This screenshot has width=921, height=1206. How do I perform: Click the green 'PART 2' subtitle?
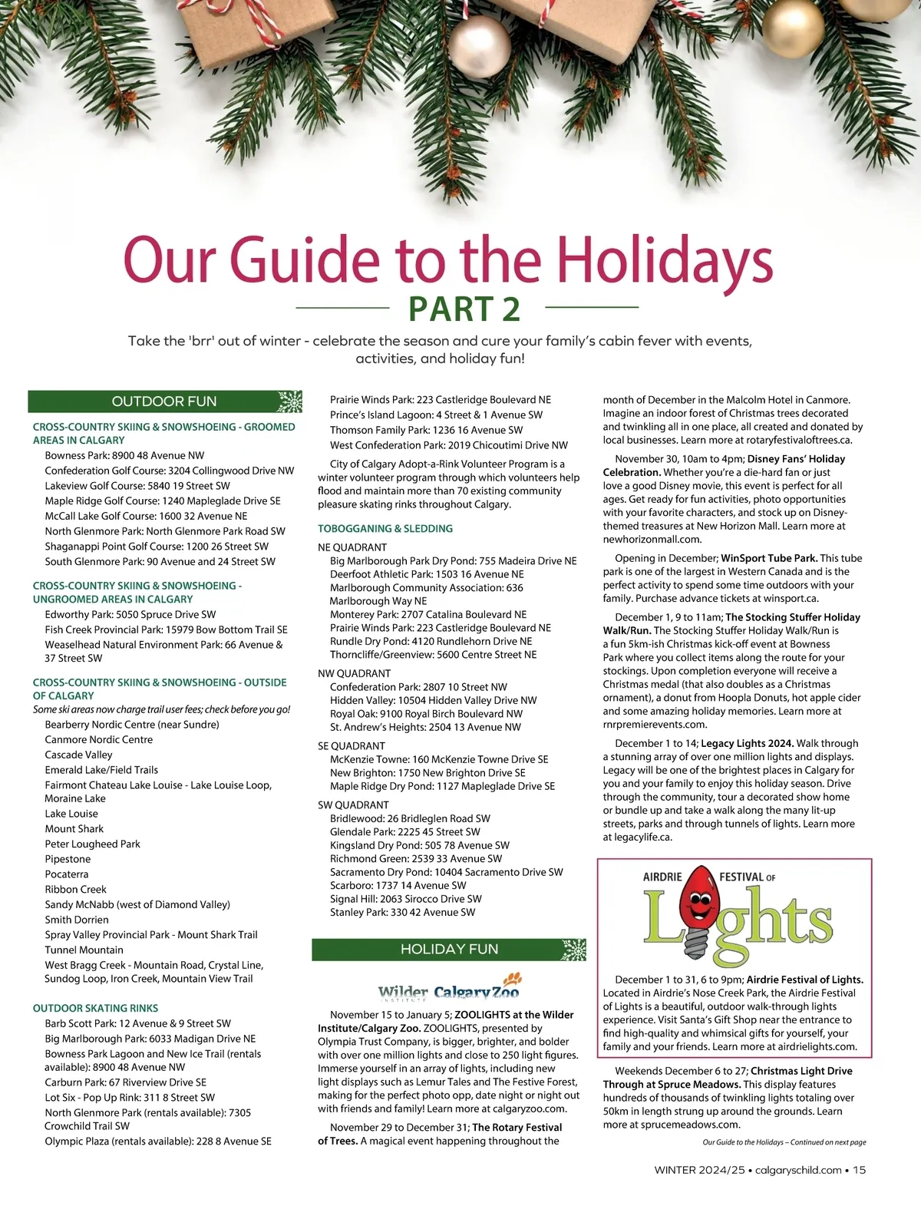tap(464, 309)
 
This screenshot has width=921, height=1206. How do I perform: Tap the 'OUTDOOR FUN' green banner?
tap(164, 401)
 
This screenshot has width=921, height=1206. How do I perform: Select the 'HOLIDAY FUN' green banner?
tap(449, 950)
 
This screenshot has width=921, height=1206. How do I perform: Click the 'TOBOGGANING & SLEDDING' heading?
tap(385, 529)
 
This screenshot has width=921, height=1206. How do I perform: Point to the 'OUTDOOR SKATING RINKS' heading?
tap(95, 1008)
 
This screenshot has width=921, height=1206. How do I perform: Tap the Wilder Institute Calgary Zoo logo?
tap(449, 992)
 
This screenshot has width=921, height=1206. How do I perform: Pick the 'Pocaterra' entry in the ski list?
tap(67, 874)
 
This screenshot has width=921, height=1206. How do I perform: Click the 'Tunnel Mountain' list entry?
tap(84, 950)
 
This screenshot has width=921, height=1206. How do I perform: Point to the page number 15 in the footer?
tap(859, 1171)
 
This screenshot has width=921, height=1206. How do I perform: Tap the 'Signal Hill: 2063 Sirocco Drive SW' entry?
tap(406, 899)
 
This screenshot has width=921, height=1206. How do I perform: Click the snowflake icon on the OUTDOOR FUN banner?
tap(289, 401)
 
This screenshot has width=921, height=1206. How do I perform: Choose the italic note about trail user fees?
tap(161, 709)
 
